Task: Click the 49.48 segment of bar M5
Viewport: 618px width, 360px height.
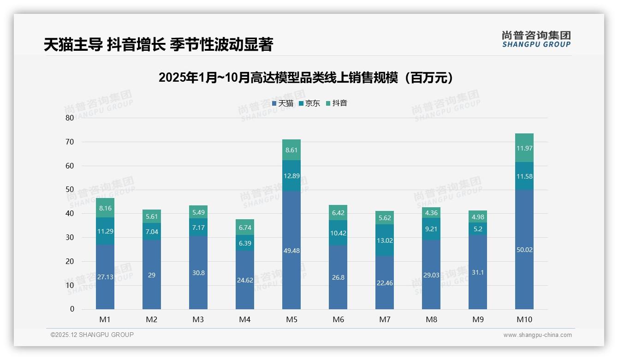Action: [x=291, y=250]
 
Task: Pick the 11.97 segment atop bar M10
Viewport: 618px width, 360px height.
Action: [x=524, y=148]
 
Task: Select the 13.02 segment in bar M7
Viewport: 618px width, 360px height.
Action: [x=385, y=240]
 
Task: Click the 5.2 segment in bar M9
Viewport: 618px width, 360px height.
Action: [x=478, y=229]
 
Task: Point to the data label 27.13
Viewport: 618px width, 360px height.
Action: [x=105, y=277]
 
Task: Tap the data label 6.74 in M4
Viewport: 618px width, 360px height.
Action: [x=245, y=228]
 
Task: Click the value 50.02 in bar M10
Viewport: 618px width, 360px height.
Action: [x=524, y=250]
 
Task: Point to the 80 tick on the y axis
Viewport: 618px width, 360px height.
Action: [x=70, y=118]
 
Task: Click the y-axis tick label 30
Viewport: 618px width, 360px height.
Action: [x=70, y=237]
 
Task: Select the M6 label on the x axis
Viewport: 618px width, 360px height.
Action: [x=338, y=319]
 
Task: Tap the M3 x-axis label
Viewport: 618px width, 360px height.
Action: [x=198, y=319]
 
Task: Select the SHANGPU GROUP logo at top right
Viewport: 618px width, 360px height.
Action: [x=536, y=39]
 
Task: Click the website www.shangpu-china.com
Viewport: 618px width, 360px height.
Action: [x=537, y=335]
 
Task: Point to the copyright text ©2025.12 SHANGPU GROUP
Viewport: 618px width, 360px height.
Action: [x=92, y=335]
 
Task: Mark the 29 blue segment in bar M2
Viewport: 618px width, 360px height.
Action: [x=152, y=275]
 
